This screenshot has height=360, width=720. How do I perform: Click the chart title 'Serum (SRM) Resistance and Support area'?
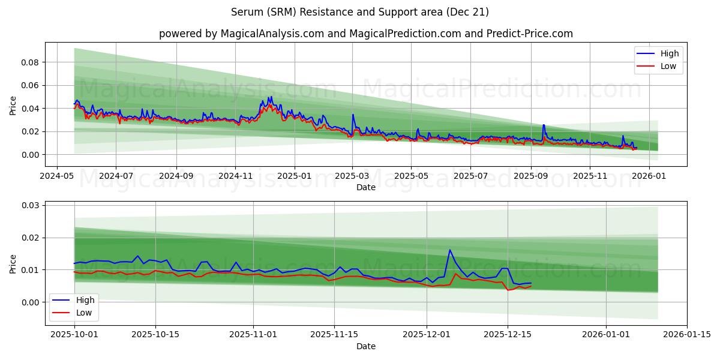pos(360,12)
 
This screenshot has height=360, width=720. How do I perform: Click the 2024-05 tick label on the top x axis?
pos(57,176)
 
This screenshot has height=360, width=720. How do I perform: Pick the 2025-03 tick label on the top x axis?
pos(352,176)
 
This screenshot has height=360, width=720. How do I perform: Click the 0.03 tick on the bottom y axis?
pos(30,205)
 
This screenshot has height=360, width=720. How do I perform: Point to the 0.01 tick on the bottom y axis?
pos(30,270)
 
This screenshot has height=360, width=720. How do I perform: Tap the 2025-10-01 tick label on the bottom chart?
pos(74,335)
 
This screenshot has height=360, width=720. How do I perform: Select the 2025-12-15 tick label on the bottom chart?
pos(508,335)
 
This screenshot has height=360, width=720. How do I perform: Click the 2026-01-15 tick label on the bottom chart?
pos(687,335)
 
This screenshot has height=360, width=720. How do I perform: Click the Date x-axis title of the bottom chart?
pos(366,346)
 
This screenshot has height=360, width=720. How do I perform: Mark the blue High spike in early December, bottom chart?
pos(449,250)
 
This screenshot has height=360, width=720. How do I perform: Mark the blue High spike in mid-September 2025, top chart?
pos(544,125)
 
